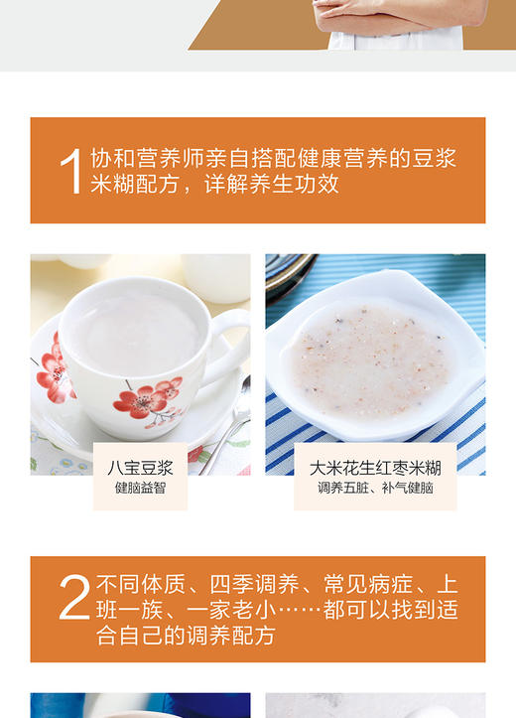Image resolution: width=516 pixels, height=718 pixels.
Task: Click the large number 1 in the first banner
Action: click(x=70, y=171)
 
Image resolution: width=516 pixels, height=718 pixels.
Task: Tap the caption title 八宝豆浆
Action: click(x=140, y=468)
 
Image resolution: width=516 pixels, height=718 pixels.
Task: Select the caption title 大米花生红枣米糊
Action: click(x=375, y=468)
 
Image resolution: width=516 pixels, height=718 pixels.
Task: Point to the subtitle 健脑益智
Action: click(x=140, y=488)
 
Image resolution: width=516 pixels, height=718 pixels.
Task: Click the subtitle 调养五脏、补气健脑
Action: click(x=375, y=488)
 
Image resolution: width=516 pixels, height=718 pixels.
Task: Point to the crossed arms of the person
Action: click(x=397, y=16)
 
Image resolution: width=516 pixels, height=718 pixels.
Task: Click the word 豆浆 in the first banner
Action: click(x=438, y=159)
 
